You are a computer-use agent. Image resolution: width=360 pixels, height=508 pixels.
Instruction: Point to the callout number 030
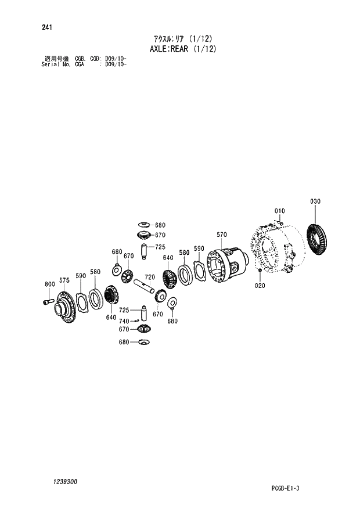coord(315,202)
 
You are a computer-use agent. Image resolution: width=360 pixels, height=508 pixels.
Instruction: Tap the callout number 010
coord(279,211)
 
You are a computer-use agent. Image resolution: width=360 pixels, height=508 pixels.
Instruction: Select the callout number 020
coord(260,286)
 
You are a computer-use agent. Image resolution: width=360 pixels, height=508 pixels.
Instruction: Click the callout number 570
coord(221,235)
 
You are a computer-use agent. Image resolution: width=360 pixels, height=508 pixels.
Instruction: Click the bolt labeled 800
coord(48,302)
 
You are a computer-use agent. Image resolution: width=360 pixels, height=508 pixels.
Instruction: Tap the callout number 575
coord(64,280)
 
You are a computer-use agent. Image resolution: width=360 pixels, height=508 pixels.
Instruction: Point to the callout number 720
coord(150,277)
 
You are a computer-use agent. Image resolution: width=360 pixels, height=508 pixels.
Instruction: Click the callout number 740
coord(123,320)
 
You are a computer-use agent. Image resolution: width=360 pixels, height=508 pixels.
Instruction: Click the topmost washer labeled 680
coord(145,225)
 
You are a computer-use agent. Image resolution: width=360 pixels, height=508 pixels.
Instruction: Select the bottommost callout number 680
coord(124,341)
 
